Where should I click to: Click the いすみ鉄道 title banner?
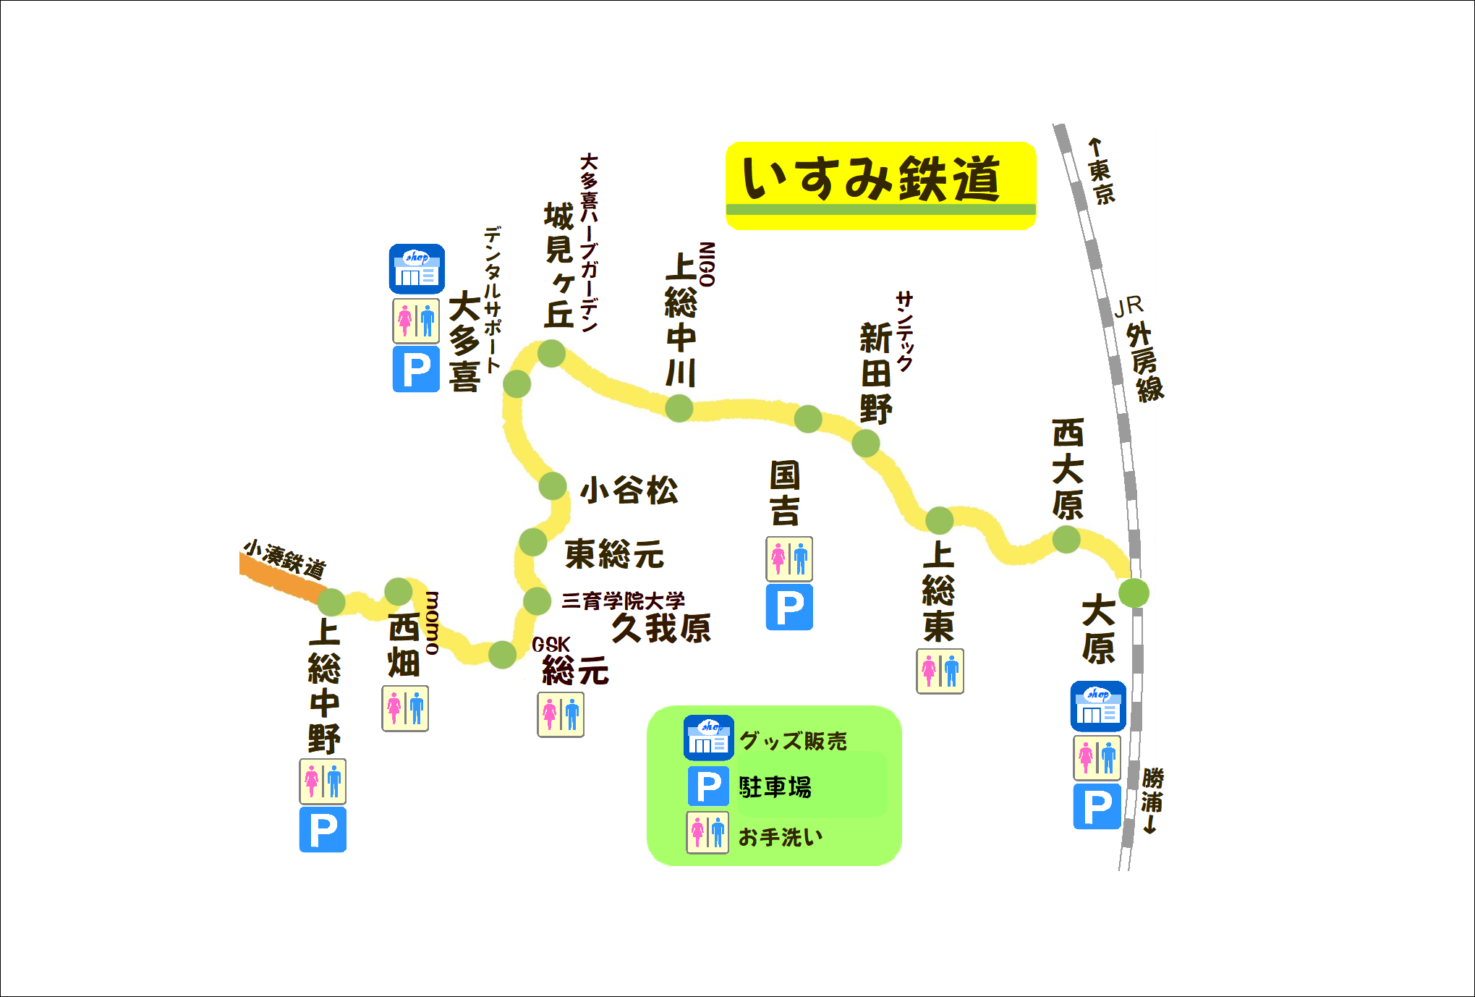coord(880,185)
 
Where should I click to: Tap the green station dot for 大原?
coord(1133,593)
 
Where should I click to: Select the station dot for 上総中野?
coord(331,602)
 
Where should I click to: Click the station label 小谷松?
coord(629,491)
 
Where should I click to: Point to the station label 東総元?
coord(614,554)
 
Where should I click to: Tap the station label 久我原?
coord(661,627)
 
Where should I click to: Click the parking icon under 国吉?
coord(789,607)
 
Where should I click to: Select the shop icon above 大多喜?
coord(417,268)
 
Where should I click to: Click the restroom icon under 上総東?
coord(940,671)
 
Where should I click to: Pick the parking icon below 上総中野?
coord(323,830)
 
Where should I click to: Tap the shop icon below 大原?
coord(1097,706)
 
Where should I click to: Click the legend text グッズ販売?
coord(793,741)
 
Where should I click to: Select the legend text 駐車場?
coord(775,787)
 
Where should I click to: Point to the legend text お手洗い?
coord(780,837)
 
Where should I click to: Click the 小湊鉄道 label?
coord(284,558)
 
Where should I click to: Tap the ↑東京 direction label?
coord(1100,172)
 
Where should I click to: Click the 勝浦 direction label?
coord(1152,800)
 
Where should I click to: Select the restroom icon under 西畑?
coord(405,708)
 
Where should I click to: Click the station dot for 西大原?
coord(1066,539)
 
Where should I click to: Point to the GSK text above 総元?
coord(551,644)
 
